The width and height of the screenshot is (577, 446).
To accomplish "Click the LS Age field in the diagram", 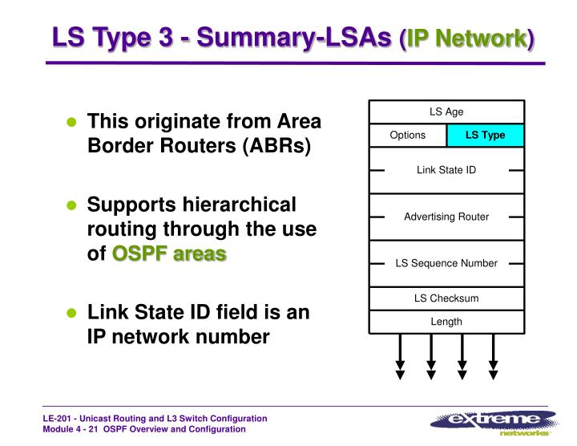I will (x=446, y=112).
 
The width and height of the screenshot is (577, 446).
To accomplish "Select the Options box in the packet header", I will (x=407, y=135).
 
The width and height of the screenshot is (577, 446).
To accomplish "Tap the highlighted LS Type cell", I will (x=486, y=135).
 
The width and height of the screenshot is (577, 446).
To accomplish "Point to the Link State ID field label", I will (x=446, y=170).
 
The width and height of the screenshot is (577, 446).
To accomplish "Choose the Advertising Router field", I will (x=446, y=217).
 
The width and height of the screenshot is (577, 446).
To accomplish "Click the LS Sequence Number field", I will (x=446, y=263).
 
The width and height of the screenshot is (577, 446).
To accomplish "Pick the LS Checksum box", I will (x=446, y=298).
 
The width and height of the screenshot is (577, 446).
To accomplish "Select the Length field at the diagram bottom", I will (x=446, y=322).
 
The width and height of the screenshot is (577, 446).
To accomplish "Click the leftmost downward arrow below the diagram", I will (x=401, y=357).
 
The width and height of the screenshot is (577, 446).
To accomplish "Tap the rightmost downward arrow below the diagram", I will (x=493, y=357).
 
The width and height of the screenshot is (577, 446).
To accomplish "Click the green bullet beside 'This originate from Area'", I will (x=71, y=123).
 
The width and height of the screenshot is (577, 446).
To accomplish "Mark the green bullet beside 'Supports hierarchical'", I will (x=71, y=205).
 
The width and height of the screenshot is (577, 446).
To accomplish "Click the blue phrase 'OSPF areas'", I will (x=169, y=254).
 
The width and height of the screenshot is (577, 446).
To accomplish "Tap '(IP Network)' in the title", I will (x=466, y=39).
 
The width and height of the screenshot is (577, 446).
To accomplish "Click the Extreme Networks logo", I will (x=493, y=421).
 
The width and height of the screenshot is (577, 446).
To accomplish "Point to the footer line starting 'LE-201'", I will (x=155, y=419).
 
